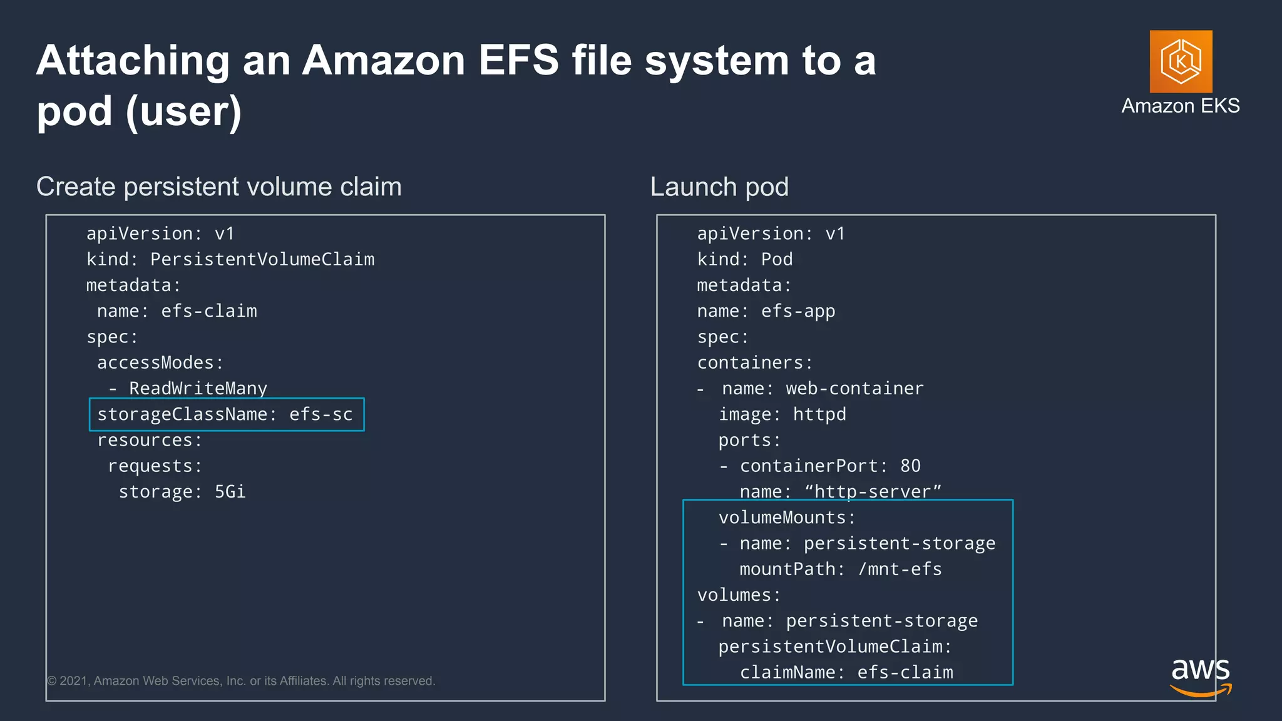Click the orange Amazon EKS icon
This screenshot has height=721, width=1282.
[1181, 61]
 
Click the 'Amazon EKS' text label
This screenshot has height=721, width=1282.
[1180, 106]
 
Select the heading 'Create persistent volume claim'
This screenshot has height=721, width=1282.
[218, 187]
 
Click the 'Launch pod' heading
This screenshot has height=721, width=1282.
[719, 187]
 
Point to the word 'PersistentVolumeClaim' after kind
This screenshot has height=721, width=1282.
[262, 259]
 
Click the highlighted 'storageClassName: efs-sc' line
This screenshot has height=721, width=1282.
[225, 414]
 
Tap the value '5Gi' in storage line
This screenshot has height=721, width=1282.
[230, 492]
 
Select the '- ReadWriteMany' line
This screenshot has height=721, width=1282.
[188, 389]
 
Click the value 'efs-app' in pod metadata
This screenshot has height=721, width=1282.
[797, 311]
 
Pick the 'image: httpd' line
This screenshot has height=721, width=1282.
[782, 414]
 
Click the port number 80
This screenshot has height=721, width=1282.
[910, 466]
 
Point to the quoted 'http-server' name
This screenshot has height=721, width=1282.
[873, 492]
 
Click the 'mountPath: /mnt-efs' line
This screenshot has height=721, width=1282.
[840, 569]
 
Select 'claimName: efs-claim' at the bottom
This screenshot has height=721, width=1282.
[846, 672]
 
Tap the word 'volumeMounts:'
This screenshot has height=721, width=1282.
[786, 518]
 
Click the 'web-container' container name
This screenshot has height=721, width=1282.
[854, 389]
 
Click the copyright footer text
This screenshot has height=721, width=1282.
[241, 681]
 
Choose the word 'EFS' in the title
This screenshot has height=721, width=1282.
[518, 60]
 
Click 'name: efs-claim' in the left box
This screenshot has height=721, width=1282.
[177, 311]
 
